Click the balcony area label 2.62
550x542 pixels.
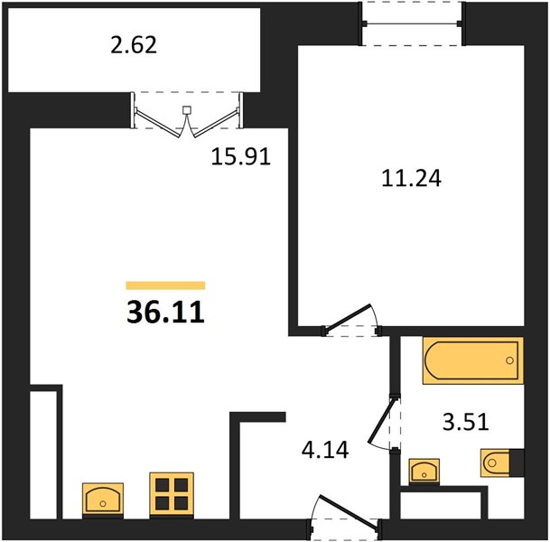tap(134, 45)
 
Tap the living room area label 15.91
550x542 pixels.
tap(241, 156)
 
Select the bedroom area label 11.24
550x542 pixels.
tap(411, 178)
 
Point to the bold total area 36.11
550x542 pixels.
tap(165, 313)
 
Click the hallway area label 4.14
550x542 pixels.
tap(325, 450)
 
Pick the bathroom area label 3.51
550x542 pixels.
tap(466, 422)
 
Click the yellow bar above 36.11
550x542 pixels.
tap(165, 285)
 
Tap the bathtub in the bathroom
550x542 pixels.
tap(473, 360)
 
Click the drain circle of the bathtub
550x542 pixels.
tap(509, 360)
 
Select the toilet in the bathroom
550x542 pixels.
tap(501, 463)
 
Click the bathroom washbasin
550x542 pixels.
tap(424, 472)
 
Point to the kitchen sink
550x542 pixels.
tap(103, 500)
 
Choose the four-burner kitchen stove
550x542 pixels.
tap(172, 495)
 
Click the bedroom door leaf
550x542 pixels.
tap(348, 317)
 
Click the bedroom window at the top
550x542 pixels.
tap(412, 23)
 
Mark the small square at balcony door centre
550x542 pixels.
tap(187, 110)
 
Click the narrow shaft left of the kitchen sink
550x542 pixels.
tap(43, 454)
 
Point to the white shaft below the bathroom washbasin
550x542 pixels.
tap(441, 505)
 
